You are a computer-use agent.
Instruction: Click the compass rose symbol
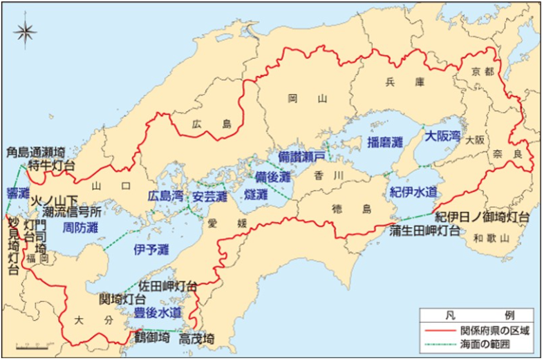(x=26, y=32)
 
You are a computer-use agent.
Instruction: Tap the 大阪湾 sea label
(x=442, y=136)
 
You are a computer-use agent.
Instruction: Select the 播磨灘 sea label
(x=385, y=143)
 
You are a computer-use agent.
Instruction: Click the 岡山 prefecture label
(x=307, y=99)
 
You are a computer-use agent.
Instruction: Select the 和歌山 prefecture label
(x=492, y=238)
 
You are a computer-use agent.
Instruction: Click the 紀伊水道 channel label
(x=413, y=191)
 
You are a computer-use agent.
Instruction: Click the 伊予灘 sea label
(x=151, y=249)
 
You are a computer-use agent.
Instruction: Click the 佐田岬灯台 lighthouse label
(x=168, y=285)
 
